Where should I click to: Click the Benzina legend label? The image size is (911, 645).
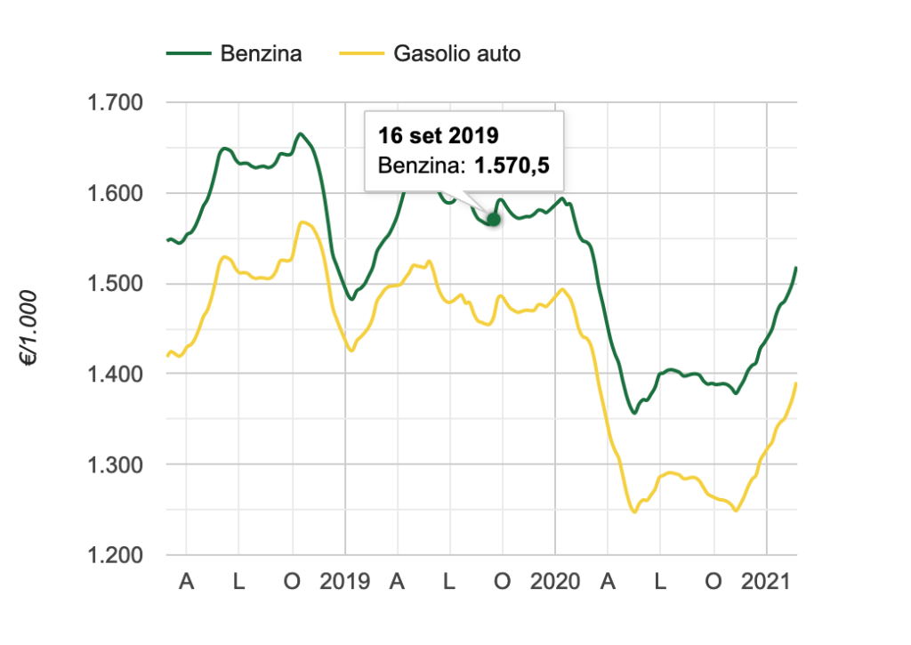coord(261,54)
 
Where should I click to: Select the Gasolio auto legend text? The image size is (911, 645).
coord(456,54)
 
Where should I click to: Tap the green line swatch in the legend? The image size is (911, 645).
coord(187,54)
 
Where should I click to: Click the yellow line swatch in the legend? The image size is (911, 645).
coord(361,54)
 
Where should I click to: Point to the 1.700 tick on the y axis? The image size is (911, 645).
coord(116,103)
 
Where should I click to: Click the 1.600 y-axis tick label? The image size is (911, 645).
coord(116,194)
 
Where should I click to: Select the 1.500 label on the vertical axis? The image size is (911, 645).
coord(116,284)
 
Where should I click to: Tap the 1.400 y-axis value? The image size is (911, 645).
coord(116,375)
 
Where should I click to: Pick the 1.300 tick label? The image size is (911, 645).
coord(116,464)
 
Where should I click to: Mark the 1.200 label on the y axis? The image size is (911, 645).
coord(116,555)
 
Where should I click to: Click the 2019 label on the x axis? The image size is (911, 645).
coord(345,583)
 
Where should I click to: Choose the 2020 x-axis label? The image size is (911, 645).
coord(555,583)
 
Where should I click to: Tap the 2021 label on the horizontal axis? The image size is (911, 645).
coord(767,583)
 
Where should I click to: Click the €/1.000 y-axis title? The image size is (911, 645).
coord(30,328)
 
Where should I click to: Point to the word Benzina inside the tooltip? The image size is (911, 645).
coord(417,165)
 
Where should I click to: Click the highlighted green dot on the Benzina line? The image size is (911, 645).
coord(494,219)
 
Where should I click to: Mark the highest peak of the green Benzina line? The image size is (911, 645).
coord(301,134)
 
